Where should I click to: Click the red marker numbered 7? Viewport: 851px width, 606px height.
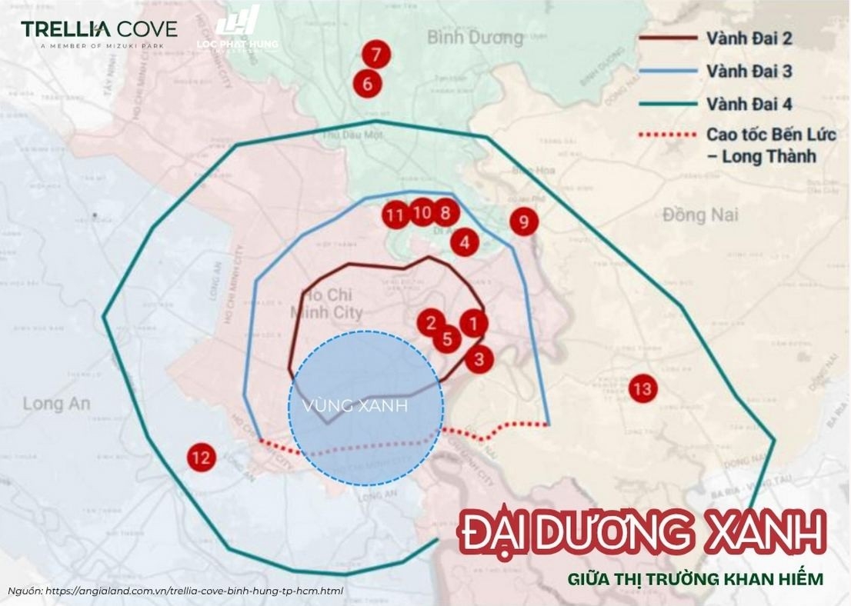pos(375,55)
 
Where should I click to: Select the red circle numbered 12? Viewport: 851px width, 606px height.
pos(201,459)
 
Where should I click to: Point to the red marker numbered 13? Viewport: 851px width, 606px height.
pos(642,388)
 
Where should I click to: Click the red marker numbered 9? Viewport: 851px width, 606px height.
pos(524,223)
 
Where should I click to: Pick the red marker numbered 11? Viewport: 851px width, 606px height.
pos(395,215)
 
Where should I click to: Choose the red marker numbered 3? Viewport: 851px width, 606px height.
pos(479,358)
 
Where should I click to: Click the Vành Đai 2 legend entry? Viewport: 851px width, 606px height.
pos(749,38)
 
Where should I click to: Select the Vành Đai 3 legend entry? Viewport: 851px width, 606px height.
pos(749,71)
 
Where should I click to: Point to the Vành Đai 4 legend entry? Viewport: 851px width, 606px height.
pos(749,104)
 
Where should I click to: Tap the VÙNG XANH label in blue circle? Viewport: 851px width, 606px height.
pos(355,406)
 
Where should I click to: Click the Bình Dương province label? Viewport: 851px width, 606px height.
pos(475,36)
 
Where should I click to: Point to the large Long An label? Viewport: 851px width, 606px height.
pos(56,403)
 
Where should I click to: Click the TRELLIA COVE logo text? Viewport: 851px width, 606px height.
pos(98,29)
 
